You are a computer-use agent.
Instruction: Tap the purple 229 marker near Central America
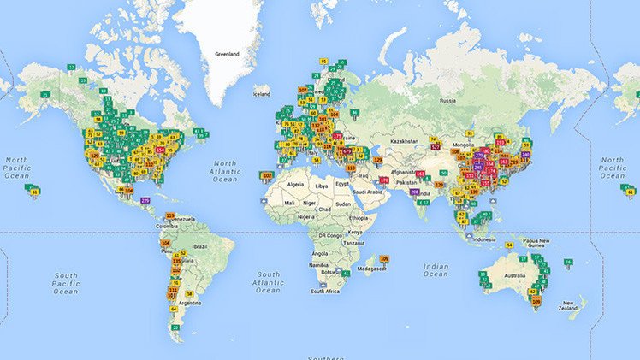[x=145, y=199]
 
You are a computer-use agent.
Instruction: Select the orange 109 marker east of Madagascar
[x=384, y=259]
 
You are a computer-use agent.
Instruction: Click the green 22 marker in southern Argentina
[x=176, y=327]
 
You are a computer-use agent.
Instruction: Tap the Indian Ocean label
[x=436, y=270]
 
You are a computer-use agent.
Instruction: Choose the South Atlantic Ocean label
[x=269, y=280]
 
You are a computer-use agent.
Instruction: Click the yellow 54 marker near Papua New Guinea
[x=508, y=245]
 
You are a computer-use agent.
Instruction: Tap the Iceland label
[x=261, y=94]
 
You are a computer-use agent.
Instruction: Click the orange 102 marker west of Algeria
[x=267, y=175]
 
